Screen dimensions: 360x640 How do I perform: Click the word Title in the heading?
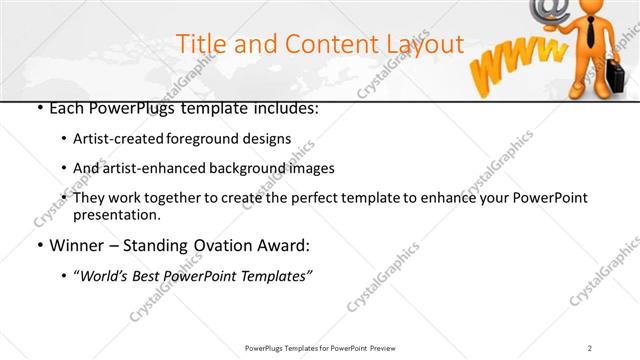[200, 44]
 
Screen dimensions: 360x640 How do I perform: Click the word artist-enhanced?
[145, 168]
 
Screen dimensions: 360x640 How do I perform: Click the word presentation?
[115, 214]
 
